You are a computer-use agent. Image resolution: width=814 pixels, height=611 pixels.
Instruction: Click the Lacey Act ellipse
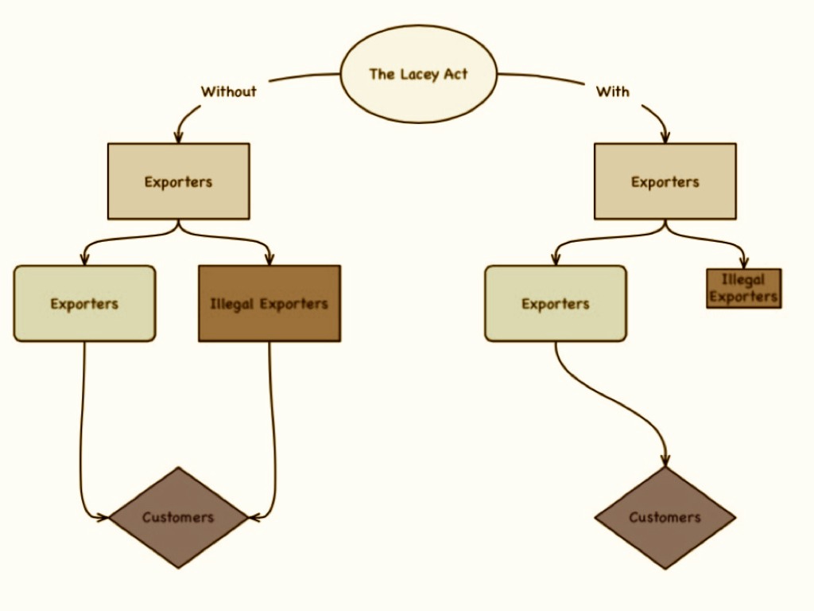tap(418, 74)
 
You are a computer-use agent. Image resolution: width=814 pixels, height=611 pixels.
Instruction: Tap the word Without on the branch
tap(229, 91)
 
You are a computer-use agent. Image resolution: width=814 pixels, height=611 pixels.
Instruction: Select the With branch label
tap(612, 91)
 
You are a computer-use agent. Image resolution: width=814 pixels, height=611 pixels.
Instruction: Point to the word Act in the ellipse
tap(456, 74)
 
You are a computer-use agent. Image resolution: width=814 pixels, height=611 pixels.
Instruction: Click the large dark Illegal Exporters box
tap(269, 303)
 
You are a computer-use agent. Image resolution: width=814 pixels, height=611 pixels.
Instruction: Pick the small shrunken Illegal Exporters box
tap(743, 288)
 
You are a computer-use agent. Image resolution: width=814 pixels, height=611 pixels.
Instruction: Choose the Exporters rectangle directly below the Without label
tap(178, 181)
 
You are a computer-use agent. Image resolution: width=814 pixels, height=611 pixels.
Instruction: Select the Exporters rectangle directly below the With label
tap(665, 181)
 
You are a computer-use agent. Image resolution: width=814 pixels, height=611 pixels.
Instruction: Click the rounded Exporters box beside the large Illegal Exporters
tap(84, 303)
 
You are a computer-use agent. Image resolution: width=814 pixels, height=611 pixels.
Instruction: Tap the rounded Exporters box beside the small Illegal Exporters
tap(555, 303)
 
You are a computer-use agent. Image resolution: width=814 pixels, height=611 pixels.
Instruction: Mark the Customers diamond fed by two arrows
tap(178, 517)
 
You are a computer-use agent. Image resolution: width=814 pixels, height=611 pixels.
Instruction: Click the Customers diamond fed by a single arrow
tap(665, 517)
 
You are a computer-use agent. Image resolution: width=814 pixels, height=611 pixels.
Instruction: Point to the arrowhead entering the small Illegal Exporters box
tap(743, 263)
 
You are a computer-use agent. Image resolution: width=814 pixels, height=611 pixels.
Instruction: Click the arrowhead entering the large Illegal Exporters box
tap(269, 259)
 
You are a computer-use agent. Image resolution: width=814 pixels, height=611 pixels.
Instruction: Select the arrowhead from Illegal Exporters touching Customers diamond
tap(254, 517)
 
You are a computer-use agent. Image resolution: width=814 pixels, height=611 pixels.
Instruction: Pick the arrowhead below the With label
tap(665, 137)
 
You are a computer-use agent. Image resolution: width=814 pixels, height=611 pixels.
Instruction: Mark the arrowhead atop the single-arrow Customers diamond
tap(665, 461)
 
